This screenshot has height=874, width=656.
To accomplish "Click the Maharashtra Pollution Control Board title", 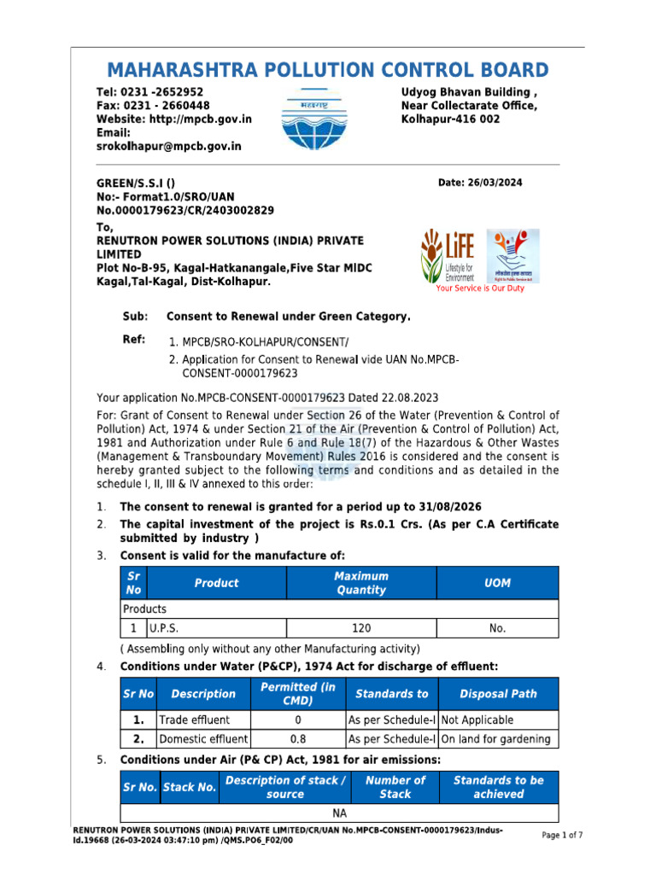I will tap(328, 70).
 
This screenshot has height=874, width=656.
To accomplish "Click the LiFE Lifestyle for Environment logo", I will tap(447, 255).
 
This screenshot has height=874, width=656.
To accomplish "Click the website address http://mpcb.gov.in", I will tap(200, 119).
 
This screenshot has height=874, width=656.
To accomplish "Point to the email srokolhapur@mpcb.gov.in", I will tap(168, 147).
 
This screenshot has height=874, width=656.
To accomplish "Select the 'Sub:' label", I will tap(135, 317).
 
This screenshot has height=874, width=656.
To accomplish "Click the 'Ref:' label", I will tap(134, 340).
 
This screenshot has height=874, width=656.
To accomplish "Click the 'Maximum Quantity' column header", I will tap(360, 583).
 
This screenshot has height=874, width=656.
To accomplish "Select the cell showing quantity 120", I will tap(360, 628).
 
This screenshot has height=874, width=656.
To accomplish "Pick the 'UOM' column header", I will tap(497, 583).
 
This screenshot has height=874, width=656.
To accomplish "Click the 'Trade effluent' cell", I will tap(194, 720).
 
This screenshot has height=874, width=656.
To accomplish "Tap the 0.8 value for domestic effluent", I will tap(298, 739).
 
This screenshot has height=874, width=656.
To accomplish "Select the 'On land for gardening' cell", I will tap(495, 739).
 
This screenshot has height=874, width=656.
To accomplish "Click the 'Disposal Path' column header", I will tap(498, 694).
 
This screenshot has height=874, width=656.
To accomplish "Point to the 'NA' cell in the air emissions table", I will tap(339, 813).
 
